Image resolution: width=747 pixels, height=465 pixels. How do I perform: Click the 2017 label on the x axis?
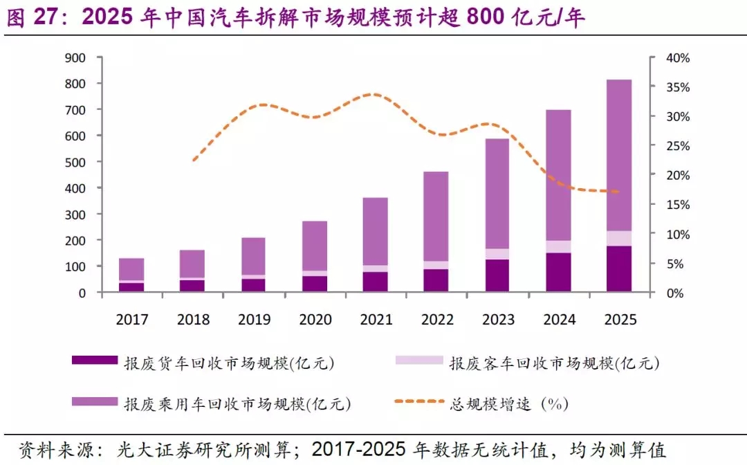[132, 320]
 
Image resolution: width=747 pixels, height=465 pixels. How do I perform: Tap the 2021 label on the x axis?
[376, 320]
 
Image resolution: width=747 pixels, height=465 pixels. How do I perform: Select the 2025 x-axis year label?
[619, 320]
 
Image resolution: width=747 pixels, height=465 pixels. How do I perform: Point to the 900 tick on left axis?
[75, 57]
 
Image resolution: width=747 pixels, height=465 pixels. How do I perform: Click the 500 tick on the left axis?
[75, 162]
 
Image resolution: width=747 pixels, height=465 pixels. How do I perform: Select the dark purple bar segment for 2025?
[619, 268]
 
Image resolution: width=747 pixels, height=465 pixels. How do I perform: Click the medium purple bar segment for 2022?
[436, 216]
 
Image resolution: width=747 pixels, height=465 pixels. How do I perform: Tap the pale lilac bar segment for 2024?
[558, 246]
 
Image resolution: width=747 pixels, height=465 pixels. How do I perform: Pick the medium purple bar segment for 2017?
[131, 269]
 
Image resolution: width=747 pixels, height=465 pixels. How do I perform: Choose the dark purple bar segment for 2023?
[497, 275]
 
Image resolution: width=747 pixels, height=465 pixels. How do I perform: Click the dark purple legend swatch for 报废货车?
[95, 360]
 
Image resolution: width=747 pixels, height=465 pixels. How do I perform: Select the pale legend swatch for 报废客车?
[418, 360]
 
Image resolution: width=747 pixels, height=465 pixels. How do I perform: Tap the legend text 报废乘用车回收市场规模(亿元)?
[237, 403]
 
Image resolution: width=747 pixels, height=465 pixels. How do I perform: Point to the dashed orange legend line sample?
[418, 401]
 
